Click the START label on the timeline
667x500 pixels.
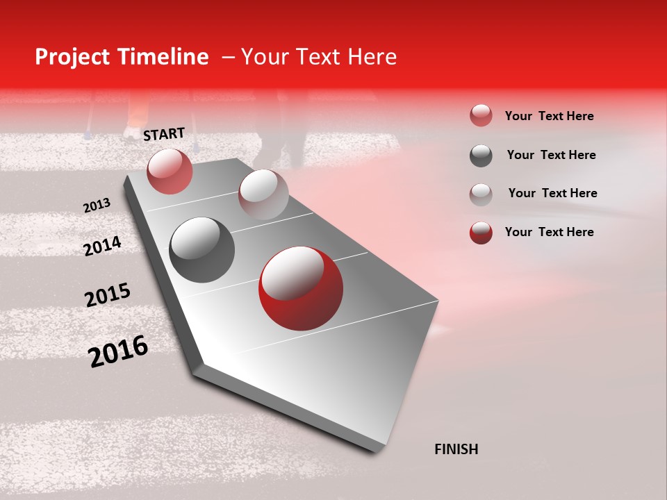click(x=164, y=134)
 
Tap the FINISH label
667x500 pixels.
click(x=456, y=449)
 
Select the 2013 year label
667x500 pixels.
click(x=97, y=206)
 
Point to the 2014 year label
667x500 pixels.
click(x=102, y=247)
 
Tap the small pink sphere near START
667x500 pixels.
click(x=170, y=171)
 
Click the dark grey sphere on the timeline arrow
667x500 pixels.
click(x=201, y=249)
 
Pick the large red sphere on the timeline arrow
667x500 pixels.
click(x=300, y=287)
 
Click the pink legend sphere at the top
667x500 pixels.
click(x=481, y=116)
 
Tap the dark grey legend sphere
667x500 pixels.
click(x=481, y=155)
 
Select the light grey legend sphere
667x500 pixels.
click(x=481, y=194)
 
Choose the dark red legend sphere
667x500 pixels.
click(x=481, y=232)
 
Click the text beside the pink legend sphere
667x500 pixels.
click(x=549, y=116)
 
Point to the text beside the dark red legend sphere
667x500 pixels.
click(x=549, y=232)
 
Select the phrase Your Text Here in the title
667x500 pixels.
click(x=319, y=57)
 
